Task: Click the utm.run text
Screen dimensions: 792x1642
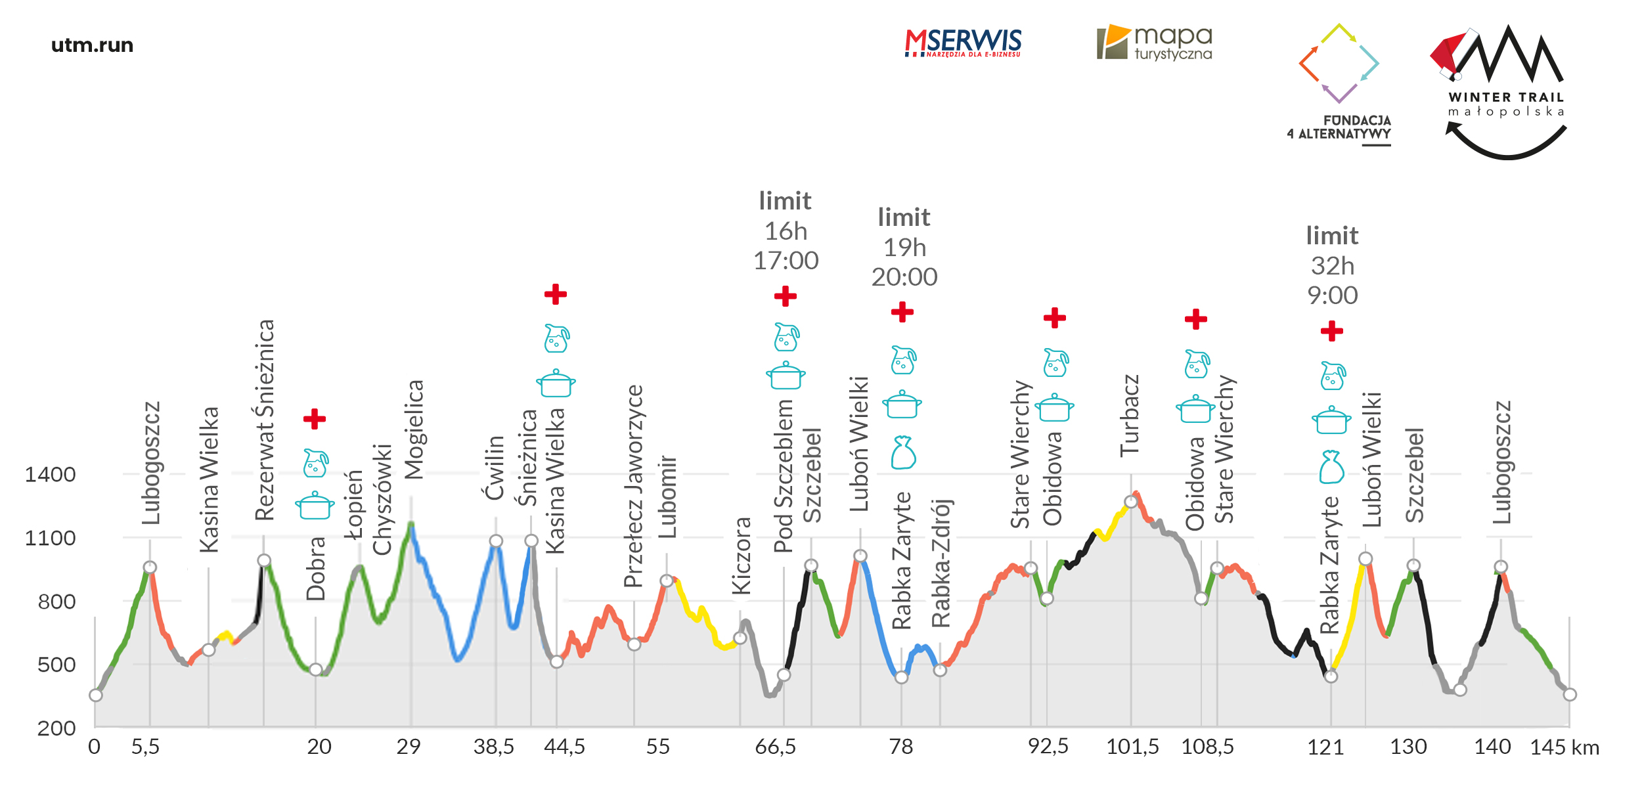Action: tap(92, 45)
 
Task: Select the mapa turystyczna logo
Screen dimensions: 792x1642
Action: tap(1155, 43)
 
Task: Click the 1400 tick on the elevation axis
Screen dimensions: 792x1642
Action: tap(50, 474)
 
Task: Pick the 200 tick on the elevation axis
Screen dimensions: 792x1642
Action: tap(56, 728)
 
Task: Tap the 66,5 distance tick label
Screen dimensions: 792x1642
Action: tap(775, 747)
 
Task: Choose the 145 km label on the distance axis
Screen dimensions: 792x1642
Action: tap(1564, 747)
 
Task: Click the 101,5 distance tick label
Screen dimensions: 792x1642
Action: tap(1132, 747)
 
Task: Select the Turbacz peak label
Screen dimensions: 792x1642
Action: tap(1129, 416)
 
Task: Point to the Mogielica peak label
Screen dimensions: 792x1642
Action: tap(414, 429)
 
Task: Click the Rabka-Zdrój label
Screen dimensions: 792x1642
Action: tap(941, 563)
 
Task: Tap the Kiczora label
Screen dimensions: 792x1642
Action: tap(741, 556)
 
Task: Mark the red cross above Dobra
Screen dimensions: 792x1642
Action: tap(315, 418)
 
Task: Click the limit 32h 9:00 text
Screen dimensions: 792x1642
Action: tap(1332, 265)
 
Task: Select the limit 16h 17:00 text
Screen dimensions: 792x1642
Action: tap(786, 231)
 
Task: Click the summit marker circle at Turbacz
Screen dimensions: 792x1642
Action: tap(1130, 502)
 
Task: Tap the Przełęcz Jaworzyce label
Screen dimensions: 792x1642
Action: tap(633, 486)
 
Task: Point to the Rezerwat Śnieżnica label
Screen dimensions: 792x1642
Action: tap(264, 420)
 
